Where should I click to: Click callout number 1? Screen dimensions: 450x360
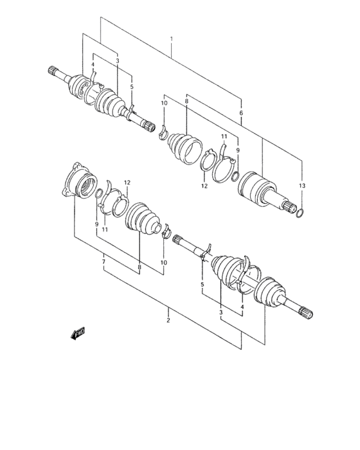pyautogui.click(x=172, y=40)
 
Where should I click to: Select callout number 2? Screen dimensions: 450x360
pyautogui.click(x=168, y=319)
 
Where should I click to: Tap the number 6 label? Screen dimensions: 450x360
pyautogui.click(x=240, y=113)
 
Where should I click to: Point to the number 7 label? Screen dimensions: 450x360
pyautogui.click(x=104, y=262)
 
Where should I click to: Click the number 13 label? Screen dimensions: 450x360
pyautogui.click(x=303, y=186)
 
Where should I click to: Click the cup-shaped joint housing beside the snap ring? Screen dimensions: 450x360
pyautogui.click(x=257, y=190)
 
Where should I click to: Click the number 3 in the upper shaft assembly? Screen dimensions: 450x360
pyautogui.click(x=118, y=61)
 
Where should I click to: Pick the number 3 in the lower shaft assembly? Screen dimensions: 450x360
pyautogui.click(x=221, y=312)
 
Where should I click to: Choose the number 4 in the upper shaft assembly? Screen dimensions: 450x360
pyautogui.click(x=93, y=64)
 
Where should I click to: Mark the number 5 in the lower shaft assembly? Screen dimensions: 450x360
pyautogui.click(x=201, y=284)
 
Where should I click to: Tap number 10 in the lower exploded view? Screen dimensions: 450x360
pyautogui.click(x=163, y=262)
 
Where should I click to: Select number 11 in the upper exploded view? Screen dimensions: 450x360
pyautogui.click(x=224, y=138)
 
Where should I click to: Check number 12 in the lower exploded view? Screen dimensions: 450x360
pyautogui.click(x=127, y=183)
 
